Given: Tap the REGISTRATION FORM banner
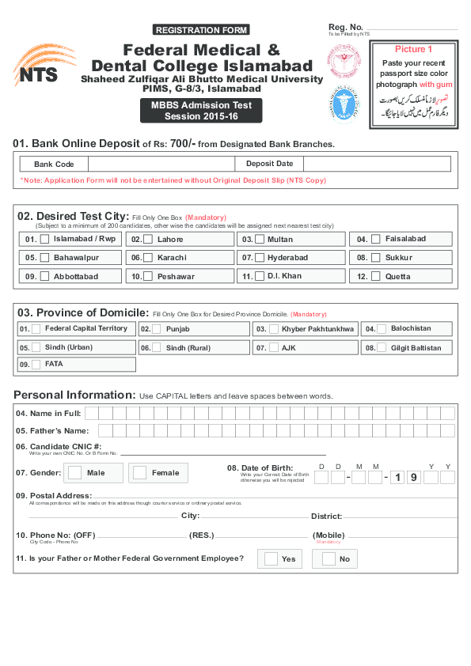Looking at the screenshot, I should (201, 30).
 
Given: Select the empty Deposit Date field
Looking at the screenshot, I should (377, 164).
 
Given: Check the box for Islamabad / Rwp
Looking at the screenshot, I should (45, 239).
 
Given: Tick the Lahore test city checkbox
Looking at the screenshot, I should (149, 239).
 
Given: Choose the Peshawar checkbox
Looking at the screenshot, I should (149, 276).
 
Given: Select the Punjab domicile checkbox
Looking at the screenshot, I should (157, 328).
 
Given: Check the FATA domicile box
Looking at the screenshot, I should (36, 364).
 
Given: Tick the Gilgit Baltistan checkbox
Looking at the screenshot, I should (382, 347).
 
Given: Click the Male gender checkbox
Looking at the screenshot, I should (75, 472).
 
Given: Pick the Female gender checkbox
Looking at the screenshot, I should (140, 472).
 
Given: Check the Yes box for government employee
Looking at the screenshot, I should (271, 559).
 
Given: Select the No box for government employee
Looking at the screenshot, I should (328, 559).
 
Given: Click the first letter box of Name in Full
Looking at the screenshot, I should (92, 413).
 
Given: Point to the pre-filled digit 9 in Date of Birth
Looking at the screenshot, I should (412, 477).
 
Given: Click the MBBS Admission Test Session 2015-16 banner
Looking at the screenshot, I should (200, 110).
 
